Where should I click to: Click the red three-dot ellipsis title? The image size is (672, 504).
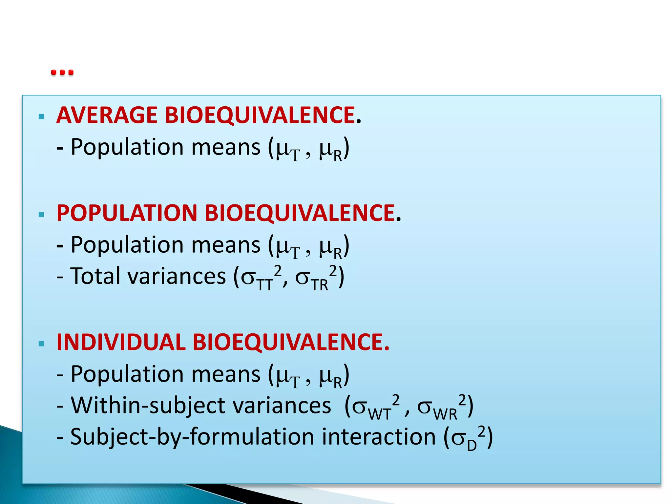(x=62, y=72)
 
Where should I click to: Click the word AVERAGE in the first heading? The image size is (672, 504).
(x=107, y=115)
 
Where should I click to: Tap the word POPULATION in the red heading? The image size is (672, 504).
(x=127, y=213)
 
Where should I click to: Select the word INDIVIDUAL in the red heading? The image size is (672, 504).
(x=121, y=342)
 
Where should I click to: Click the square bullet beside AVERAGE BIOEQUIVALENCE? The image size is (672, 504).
(x=41, y=116)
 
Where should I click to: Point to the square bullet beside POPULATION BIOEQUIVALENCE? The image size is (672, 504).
(x=41, y=215)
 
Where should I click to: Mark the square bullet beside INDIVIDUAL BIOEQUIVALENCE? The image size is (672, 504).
(x=41, y=344)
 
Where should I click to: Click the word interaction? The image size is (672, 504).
(x=379, y=437)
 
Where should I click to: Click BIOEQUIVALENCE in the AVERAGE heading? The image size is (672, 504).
(x=260, y=115)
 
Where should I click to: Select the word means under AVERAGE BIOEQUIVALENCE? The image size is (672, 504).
(x=226, y=147)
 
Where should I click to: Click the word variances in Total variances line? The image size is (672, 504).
(x=177, y=276)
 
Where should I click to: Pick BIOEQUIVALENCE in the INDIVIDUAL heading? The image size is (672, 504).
(x=291, y=342)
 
